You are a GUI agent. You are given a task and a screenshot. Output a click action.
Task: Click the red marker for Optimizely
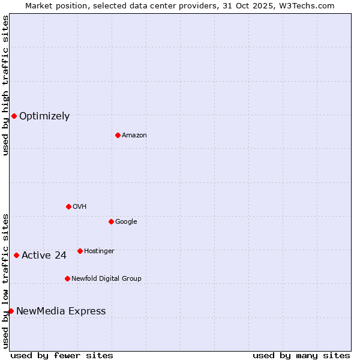point(14,116)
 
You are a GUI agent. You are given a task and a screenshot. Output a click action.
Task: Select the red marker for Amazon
point(118,135)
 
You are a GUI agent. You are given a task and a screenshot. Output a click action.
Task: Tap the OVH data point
point(68,206)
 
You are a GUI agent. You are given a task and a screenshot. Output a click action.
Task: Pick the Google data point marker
point(111,221)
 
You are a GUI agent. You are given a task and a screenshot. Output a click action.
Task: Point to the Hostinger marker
point(80,251)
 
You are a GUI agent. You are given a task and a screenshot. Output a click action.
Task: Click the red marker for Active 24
point(16,255)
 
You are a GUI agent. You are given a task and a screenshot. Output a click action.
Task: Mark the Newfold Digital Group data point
point(67,278)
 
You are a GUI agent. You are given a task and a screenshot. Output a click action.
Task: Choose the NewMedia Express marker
point(11,311)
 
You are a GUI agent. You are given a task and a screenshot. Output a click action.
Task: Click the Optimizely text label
point(44,116)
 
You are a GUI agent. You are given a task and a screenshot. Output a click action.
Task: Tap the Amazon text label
point(134,136)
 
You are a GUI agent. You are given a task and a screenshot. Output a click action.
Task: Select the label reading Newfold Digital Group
point(106,278)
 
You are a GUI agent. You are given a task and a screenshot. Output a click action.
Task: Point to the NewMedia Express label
point(61,311)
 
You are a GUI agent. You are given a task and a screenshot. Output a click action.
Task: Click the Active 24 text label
point(44,256)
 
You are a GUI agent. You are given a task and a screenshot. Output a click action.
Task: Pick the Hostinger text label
point(99,251)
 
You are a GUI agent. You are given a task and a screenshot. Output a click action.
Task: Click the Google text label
point(126,222)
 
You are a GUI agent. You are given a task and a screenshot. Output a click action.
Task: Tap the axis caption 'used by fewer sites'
point(62,355)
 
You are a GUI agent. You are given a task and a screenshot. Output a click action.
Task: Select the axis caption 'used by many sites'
point(301,355)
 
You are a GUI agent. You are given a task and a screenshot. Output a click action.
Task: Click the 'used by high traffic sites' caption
point(5,85)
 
